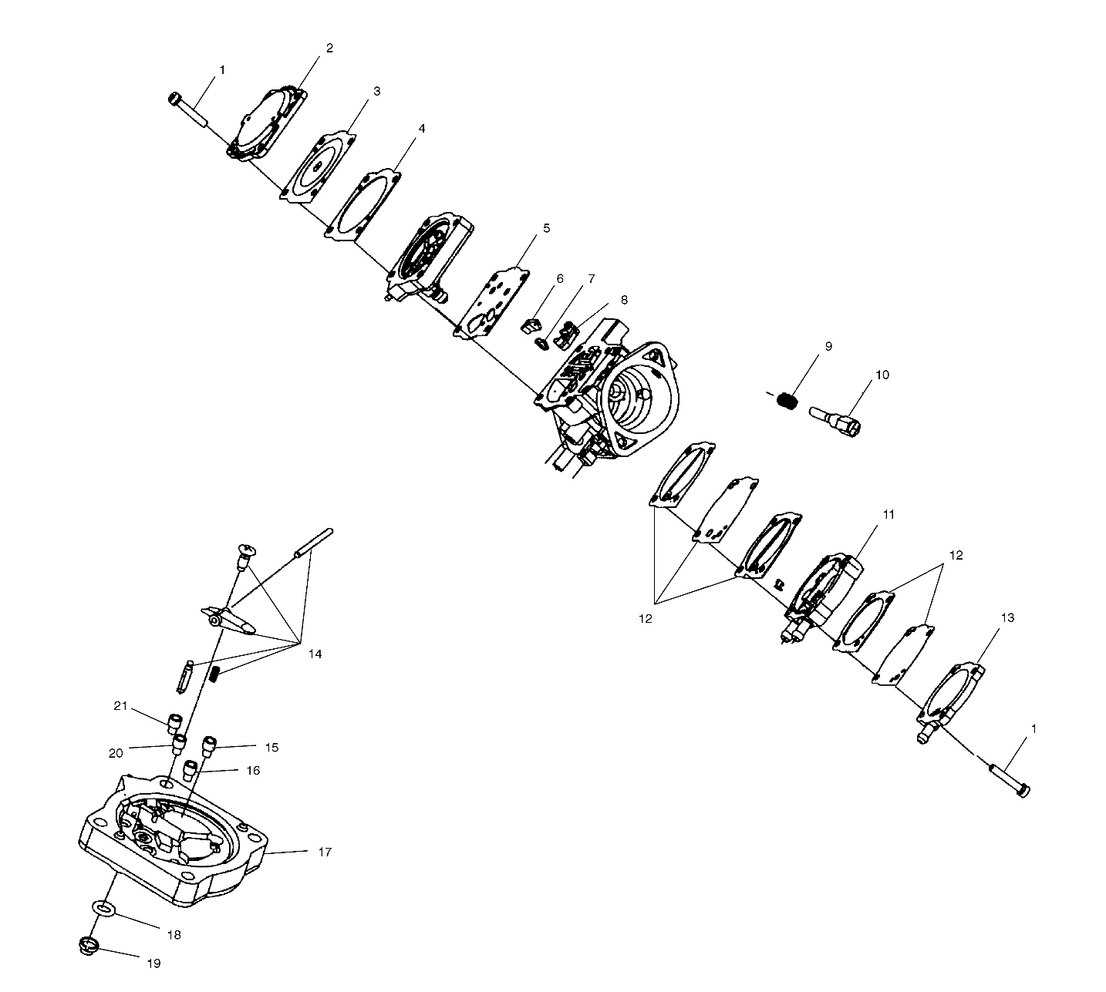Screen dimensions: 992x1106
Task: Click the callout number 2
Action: (x=329, y=48)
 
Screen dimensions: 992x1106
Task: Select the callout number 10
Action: (x=882, y=375)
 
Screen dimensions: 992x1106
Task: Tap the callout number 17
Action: (x=325, y=852)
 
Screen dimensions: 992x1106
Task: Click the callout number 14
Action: (x=315, y=654)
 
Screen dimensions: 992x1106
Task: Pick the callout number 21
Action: (x=120, y=706)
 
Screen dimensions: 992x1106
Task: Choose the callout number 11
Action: (x=889, y=514)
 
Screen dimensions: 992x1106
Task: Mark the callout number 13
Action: (x=1007, y=617)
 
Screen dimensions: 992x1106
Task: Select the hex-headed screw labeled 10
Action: (x=836, y=419)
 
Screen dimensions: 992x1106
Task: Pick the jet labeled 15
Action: (x=208, y=746)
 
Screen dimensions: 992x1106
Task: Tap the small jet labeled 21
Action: (x=175, y=723)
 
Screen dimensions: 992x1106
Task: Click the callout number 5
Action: (x=546, y=228)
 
